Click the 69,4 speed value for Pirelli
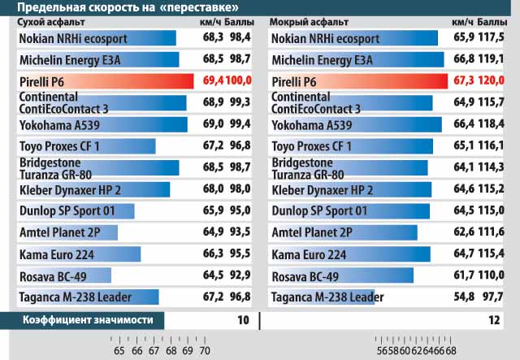pyautogui.click(x=212, y=81)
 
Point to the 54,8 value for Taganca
pyautogui.click(x=462, y=297)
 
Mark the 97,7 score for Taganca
pyautogui.click(x=492, y=297)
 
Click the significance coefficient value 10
pyautogui.click(x=243, y=320)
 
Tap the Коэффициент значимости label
pyautogui.click(x=88, y=320)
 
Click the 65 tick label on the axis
pyautogui.click(x=119, y=351)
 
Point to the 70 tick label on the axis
pyautogui.click(x=205, y=351)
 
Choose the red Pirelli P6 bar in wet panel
pyautogui.click(x=357, y=81)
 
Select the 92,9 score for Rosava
pyautogui.click(x=240, y=275)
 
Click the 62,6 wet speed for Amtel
pyautogui.click(x=462, y=233)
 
